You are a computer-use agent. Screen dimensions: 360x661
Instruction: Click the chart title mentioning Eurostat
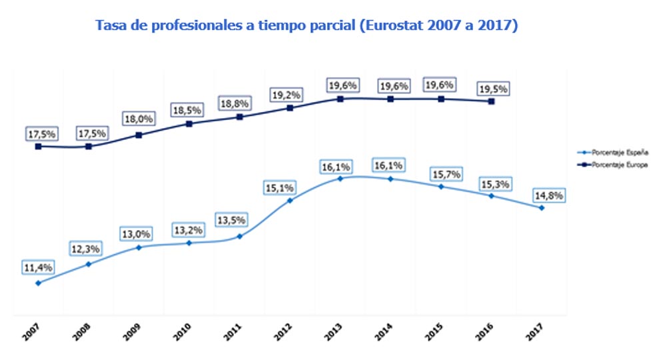point(307,26)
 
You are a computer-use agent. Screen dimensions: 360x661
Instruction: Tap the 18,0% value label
point(138,119)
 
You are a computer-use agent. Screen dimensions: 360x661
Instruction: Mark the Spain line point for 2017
point(542,208)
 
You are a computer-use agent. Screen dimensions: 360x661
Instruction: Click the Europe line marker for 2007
point(38,147)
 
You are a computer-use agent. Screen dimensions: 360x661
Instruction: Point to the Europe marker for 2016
point(491,101)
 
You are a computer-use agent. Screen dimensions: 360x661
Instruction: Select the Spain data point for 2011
point(239,236)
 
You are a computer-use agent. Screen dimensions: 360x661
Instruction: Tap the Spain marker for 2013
point(340,178)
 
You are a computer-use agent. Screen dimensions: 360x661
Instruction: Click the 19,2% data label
point(286,94)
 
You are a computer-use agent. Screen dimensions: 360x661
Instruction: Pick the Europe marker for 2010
point(189,123)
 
